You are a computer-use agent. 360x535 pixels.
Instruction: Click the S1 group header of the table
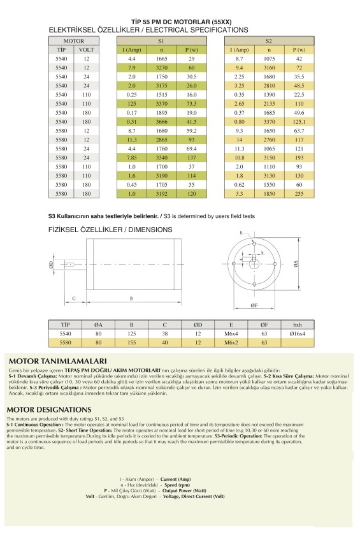point(161,41)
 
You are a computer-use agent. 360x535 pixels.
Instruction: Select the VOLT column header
point(86,50)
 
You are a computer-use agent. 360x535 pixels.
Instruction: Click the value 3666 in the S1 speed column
point(162,121)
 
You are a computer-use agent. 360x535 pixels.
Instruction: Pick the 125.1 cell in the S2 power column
point(299,121)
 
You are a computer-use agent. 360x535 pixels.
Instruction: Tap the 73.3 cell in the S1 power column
point(192,104)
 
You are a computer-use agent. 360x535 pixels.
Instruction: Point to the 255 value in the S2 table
point(299,193)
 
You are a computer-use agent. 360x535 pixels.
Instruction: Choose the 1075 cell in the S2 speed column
point(269,59)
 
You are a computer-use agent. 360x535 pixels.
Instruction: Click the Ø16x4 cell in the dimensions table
point(298,333)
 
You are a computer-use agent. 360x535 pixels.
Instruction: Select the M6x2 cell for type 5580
point(231,342)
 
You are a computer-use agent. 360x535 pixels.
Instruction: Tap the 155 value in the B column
point(132,342)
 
